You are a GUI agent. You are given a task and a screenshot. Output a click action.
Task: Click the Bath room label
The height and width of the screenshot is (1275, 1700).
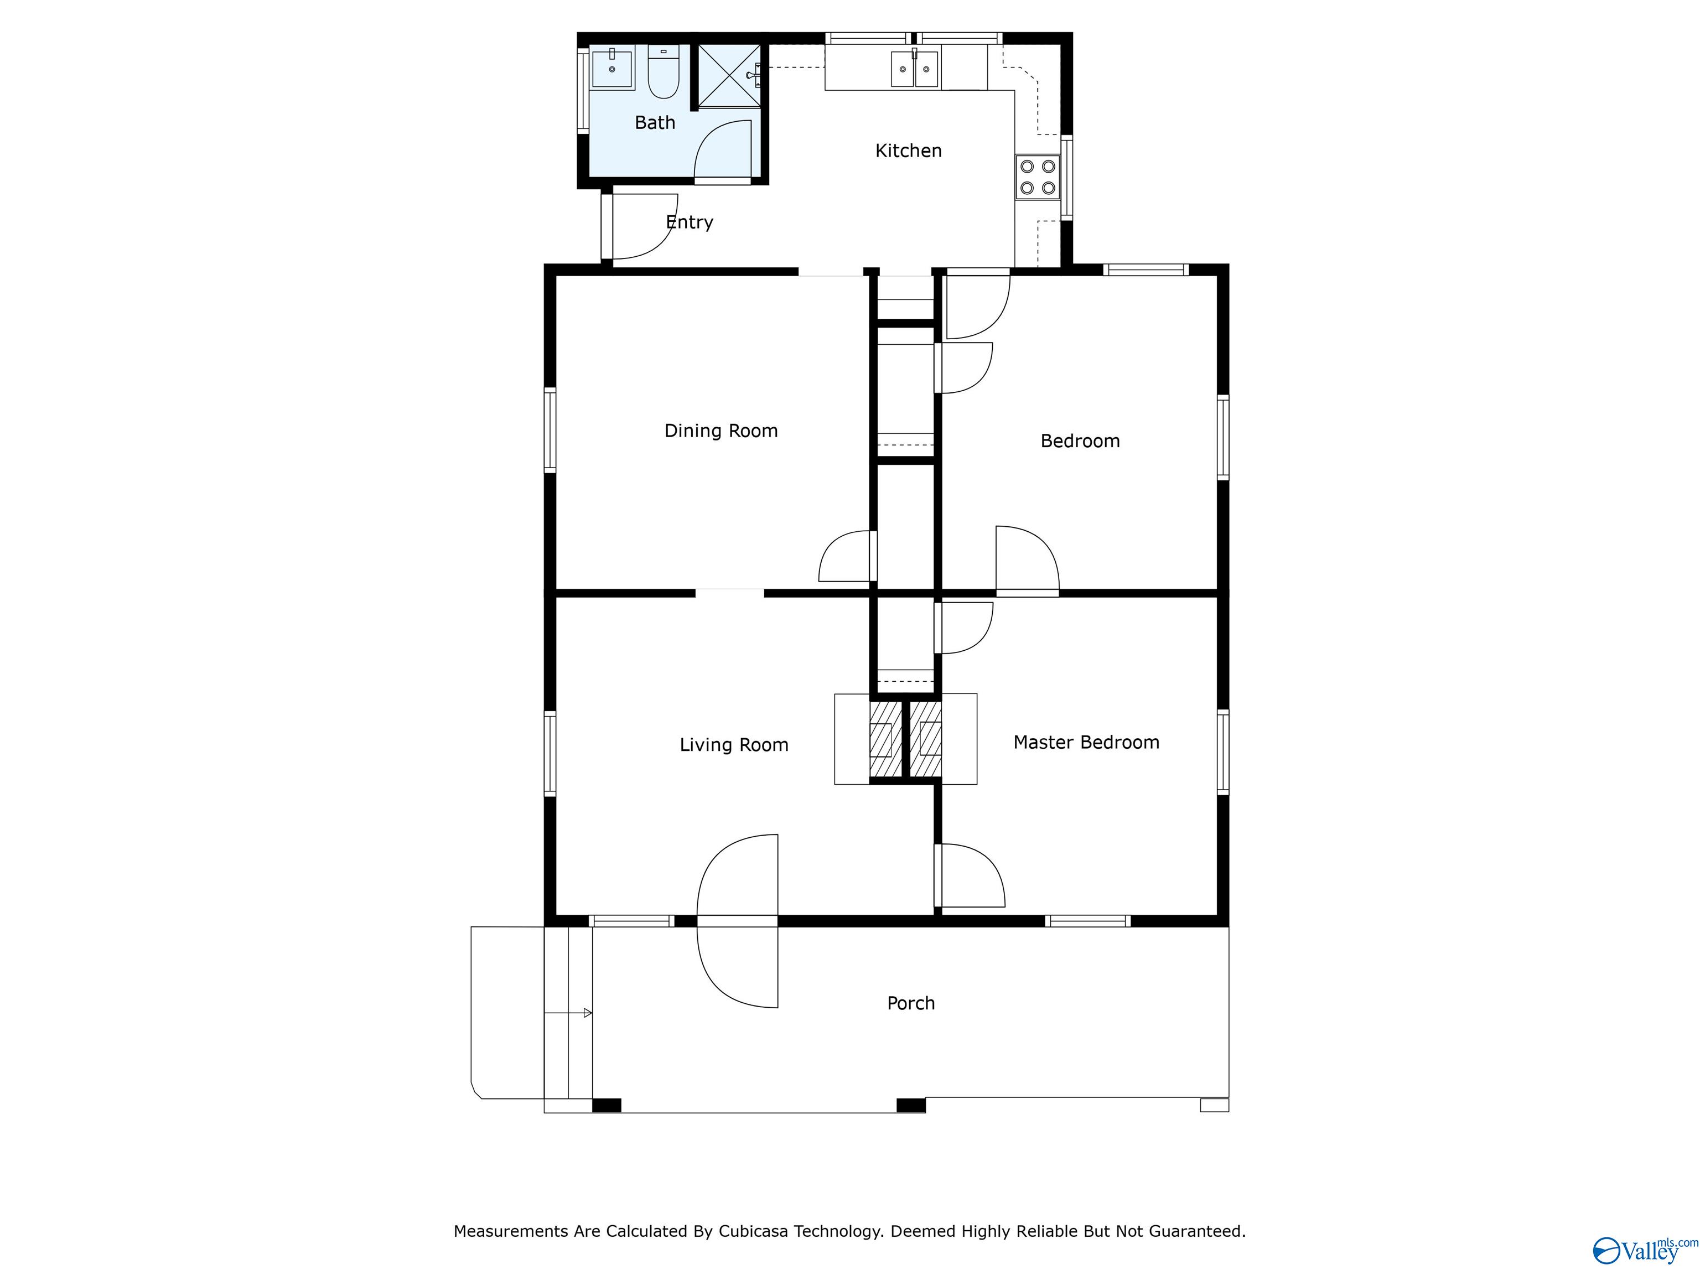point(655,123)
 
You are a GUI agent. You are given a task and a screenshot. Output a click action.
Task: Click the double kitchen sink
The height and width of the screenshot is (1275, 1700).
point(915,69)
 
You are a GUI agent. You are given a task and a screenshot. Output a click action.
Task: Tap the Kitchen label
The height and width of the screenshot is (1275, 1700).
point(909,151)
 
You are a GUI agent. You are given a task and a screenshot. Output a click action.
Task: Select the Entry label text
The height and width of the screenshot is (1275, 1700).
point(690,222)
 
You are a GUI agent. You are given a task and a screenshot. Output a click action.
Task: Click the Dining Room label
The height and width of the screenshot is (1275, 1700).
point(721,431)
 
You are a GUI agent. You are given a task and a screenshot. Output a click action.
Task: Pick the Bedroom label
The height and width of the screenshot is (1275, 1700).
point(1080,441)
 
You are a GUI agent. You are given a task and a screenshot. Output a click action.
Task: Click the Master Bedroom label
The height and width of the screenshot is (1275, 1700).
point(1086,743)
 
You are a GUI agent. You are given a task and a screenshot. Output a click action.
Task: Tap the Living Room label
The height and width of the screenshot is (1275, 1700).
point(734,745)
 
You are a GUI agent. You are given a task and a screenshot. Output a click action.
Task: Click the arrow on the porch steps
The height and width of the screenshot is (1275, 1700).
point(587,1013)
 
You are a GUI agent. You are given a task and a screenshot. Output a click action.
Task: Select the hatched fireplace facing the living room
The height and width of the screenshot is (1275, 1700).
point(884,739)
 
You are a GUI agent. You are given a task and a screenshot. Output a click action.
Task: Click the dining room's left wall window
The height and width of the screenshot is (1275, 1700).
point(550,429)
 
